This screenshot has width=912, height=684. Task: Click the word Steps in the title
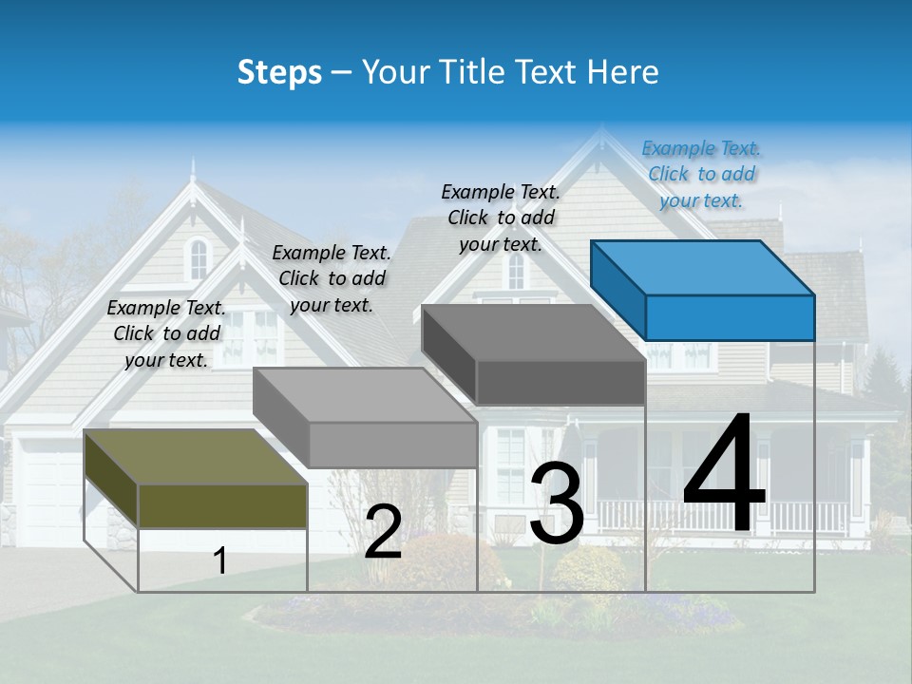point(279,72)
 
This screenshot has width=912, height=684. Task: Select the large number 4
point(724,475)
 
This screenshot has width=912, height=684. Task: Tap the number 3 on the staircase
point(557,503)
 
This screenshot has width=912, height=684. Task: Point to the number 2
point(383,532)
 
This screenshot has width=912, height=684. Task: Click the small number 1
point(220,560)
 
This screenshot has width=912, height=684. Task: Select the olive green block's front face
point(222,505)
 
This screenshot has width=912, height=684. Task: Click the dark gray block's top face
point(532,332)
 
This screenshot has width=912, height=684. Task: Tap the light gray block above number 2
point(366,394)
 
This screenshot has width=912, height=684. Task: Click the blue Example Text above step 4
point(701,174)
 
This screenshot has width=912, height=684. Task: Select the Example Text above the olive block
point(166,333)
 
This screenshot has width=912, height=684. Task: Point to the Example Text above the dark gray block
point(501,218)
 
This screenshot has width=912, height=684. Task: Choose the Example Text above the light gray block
point(332,278)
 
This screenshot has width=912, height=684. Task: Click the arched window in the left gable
point(198,258)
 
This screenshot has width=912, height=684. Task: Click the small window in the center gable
point(515,272)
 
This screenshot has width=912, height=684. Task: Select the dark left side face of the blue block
point(617,290)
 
